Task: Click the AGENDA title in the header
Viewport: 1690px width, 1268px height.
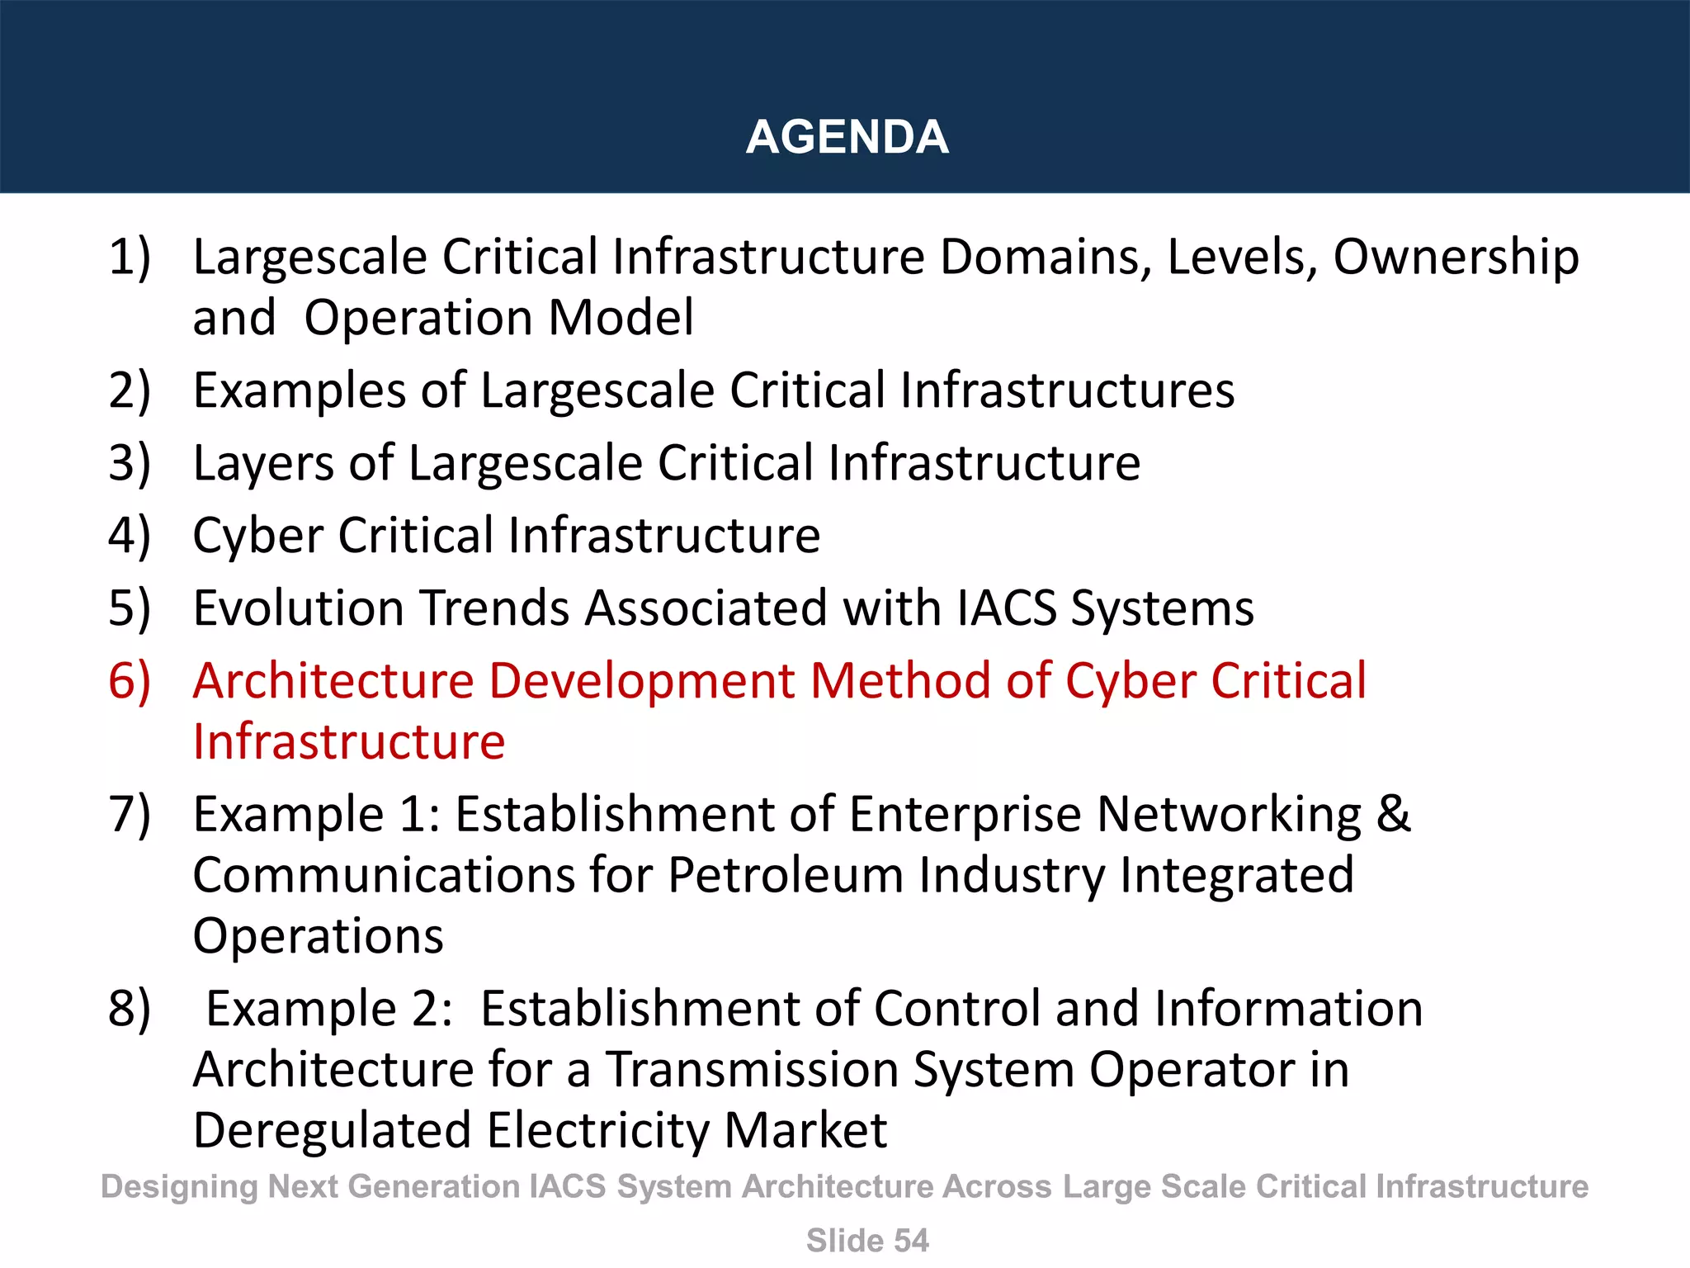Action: [x=847, y=137]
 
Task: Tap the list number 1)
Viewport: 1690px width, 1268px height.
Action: [x=130, y=257]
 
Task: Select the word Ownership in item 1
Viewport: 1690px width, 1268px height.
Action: [x=1456, y=258]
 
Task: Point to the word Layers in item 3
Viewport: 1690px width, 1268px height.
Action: [x=263, y=463]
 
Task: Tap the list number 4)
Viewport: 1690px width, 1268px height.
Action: [x=130, y=536]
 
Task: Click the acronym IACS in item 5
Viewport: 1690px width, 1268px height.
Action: [x=1007, y=608]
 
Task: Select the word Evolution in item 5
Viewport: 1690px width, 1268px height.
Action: [x=299, y=608]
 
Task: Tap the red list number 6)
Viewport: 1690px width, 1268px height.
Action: [x=130, y=681]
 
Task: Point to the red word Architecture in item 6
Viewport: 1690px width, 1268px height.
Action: [x=333, y=681]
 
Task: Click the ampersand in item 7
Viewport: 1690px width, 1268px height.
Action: [x=1393, y=814]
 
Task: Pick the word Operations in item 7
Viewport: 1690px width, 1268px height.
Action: [x=318, y=936]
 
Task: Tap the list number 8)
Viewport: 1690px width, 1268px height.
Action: [x=130, y=1009]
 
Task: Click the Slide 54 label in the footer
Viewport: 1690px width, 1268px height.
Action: [x=867, y=1241]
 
